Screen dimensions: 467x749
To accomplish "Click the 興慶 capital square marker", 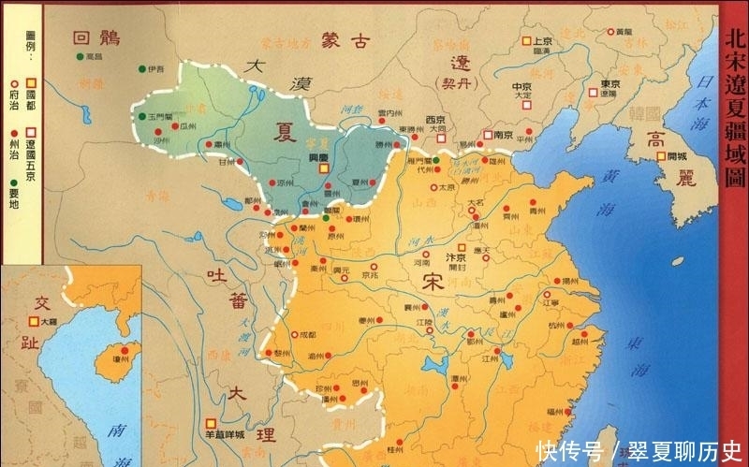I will coord(324,169).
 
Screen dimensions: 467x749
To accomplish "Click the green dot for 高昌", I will coord(79,56).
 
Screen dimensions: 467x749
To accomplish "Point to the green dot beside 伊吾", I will coord(141,68).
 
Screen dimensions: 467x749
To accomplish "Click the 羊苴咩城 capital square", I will coord(213,422).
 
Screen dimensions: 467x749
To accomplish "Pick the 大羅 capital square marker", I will coord(34,321).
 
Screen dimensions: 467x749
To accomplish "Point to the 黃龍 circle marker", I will coord(609,33).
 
